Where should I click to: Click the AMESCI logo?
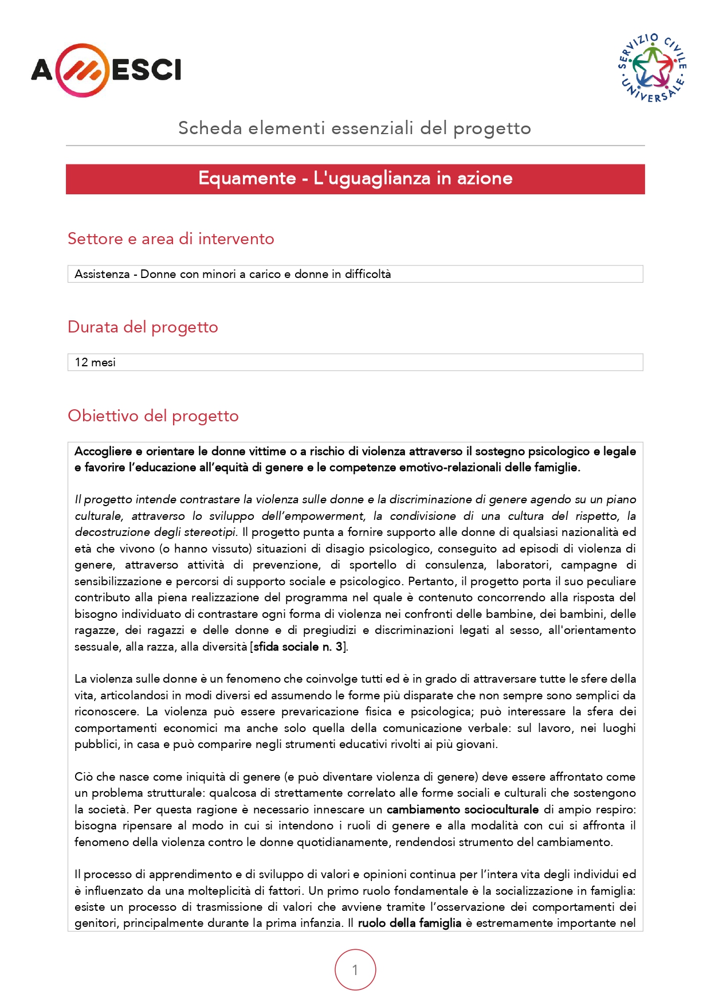[x=106, y=70]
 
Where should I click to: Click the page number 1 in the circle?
[x=355, y=970]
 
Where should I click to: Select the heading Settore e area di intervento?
[x=171, y=238]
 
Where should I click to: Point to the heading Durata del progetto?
[x=143, y=327]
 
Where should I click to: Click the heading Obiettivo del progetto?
[x=153, y=416]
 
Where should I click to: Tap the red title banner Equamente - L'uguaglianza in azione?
[x=355, y=179]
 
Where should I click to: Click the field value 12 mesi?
[x=95, y=362]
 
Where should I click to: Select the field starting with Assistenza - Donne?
[x=233, y=274]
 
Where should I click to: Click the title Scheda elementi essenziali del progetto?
[x=355, y=128]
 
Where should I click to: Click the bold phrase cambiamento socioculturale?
[x=462, y=809]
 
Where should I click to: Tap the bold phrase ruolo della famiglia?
[x=409, y=923]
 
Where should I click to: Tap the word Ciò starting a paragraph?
[x=84, y=777]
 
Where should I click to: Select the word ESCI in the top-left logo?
[x=147, y=70]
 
